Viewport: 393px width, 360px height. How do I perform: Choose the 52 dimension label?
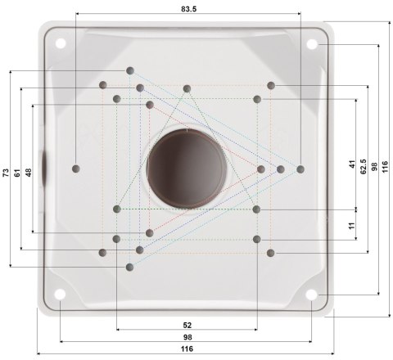point(187,325)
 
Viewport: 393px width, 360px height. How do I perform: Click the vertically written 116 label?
point(384,166)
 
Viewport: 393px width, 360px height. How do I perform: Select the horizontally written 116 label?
point(187,349)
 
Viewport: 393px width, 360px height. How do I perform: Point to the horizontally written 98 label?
point(187,337)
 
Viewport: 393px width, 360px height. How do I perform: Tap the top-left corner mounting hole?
point(61,44)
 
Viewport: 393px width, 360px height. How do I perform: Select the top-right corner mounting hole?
point(314,45)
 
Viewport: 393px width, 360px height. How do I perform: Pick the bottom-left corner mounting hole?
point(61,297)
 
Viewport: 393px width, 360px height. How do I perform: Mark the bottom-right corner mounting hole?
point(314,297)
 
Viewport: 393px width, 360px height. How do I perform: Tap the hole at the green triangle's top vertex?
point(187,88)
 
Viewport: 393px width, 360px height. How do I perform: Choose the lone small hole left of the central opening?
point(76,168)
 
